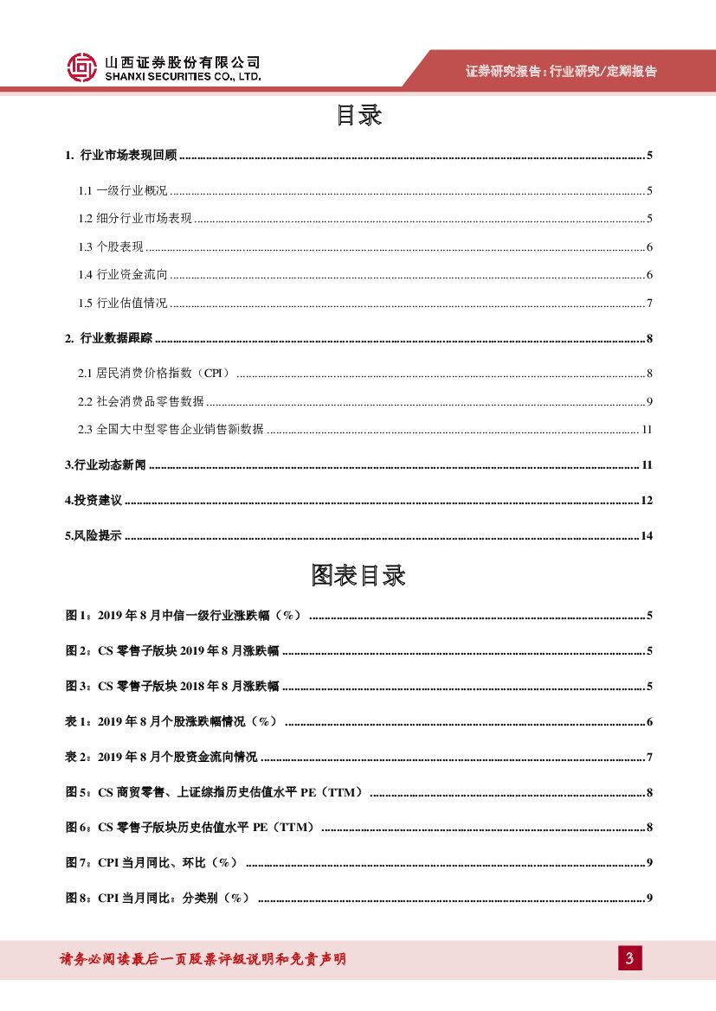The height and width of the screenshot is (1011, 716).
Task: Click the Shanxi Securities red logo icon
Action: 82,67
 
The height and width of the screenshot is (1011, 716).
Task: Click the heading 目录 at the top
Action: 358,116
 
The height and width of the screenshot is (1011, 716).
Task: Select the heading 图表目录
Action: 358,575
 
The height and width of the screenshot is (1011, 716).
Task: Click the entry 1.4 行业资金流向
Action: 122,275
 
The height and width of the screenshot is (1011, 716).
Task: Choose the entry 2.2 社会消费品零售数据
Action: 140,401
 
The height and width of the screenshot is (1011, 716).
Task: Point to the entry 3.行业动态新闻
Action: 106,465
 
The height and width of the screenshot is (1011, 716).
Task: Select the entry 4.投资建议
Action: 94,501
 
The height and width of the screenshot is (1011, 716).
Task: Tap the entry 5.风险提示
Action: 94,536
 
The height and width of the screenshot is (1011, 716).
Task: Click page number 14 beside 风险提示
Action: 646,536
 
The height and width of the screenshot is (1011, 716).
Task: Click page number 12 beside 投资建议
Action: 646,501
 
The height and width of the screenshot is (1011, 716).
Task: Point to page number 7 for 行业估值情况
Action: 648,303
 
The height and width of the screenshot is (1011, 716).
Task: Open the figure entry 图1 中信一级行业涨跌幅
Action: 184,616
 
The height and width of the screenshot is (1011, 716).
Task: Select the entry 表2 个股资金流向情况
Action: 161,758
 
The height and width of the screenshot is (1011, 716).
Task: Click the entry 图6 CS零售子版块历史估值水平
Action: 191,828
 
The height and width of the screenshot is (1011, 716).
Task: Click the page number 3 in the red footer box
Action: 630,958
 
